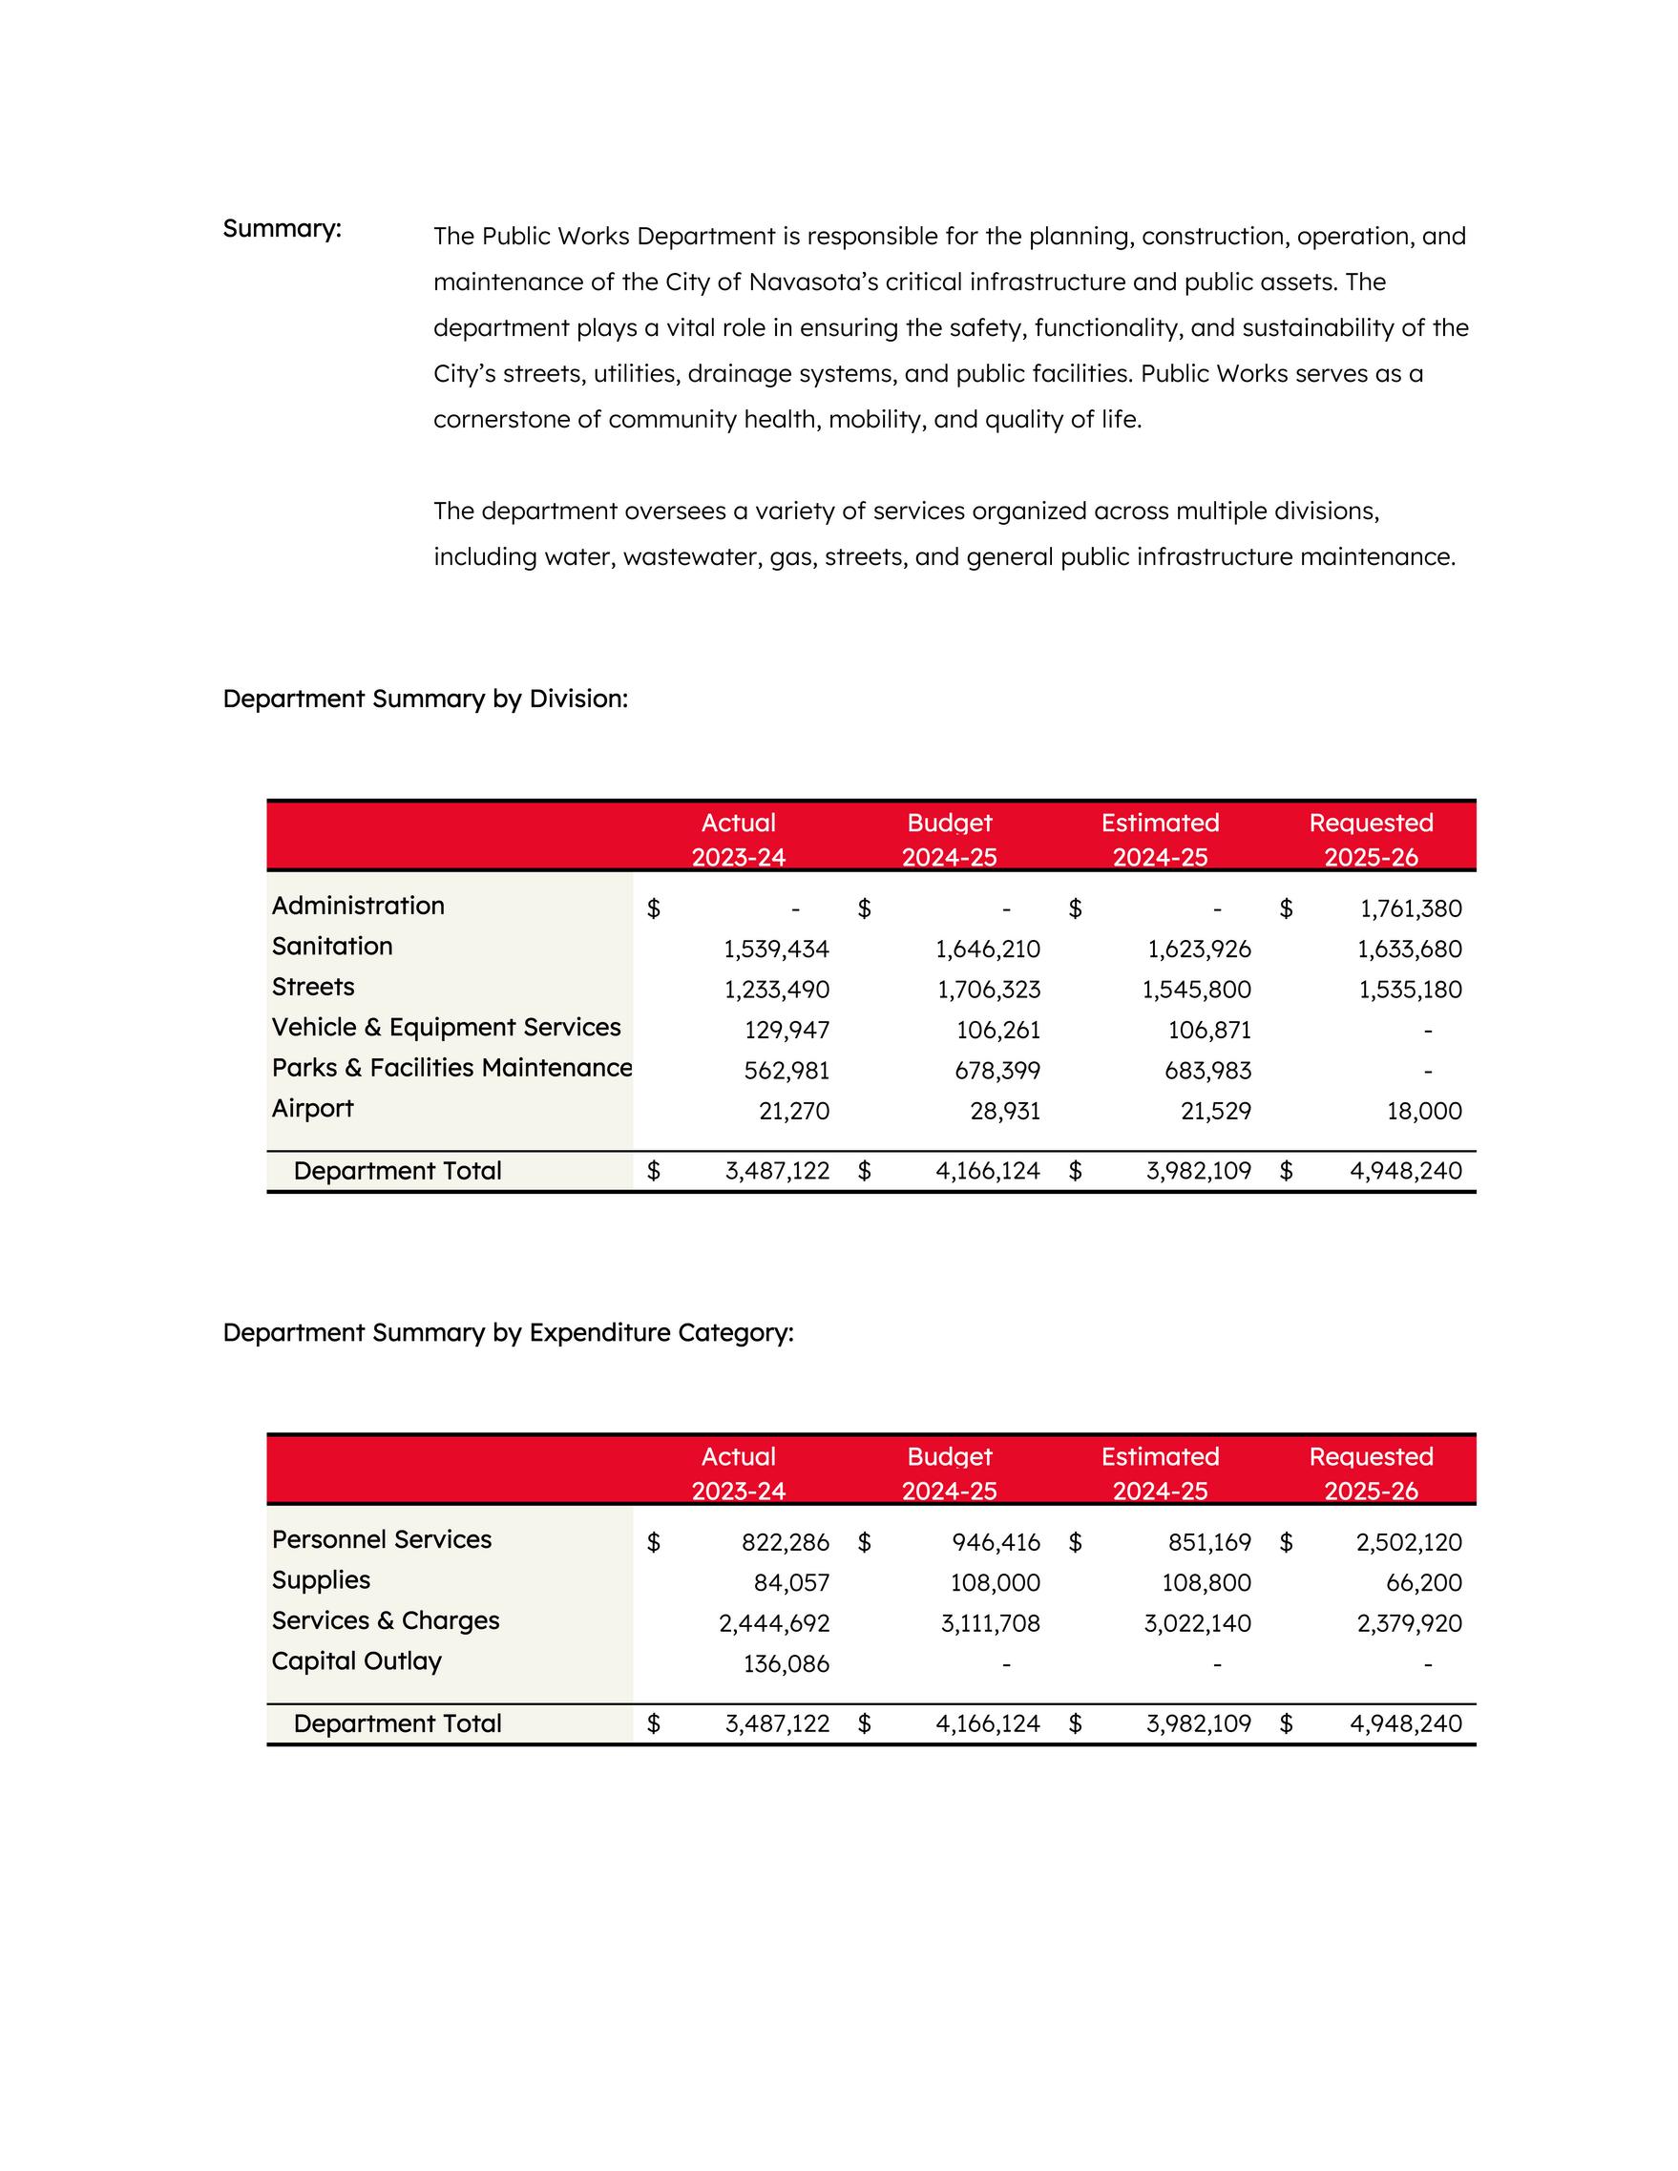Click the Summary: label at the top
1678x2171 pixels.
282,229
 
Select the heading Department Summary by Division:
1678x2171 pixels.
425,699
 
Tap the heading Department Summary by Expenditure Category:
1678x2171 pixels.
508,1332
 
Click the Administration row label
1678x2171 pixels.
358,906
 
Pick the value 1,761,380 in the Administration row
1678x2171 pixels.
1411,908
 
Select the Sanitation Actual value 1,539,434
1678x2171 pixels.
776,950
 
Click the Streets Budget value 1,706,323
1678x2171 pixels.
988,991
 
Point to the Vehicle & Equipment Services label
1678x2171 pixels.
447,1027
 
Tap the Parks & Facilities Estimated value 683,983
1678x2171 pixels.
1207,1071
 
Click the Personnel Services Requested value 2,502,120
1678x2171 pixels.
1409,1543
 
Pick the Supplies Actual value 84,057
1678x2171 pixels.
791,1582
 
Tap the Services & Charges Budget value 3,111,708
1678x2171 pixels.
990,1623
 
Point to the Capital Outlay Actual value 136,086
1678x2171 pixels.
786,1664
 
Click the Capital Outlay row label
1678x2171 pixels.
356,1661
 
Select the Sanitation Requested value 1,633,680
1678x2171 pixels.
1410,950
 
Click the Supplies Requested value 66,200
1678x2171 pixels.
1423,1582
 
